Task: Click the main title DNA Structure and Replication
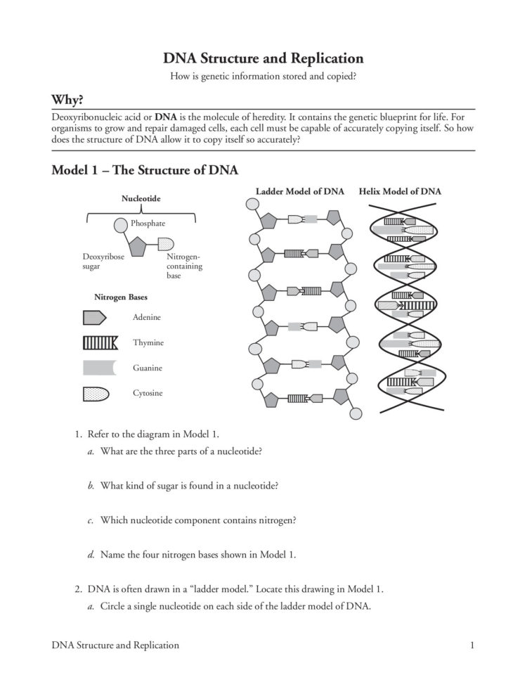(x=263, y=58)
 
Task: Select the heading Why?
(x=72, y=98)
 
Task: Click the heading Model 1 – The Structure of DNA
(x=145, y=170)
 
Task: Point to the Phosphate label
(x=148, y=223)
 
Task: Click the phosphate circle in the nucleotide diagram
(x=120, y=225)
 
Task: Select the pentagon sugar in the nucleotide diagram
(x=136, y=246)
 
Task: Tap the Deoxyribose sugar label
(x=103, y=262)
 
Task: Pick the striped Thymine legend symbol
(x=99, y=342)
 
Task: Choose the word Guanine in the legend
(x=148, y=368)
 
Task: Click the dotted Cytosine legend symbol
(x=94, y=393)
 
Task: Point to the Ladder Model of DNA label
(x=299, y=191)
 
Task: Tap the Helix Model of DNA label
(x=400, y=191)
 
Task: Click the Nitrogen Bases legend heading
(x=121, y=297)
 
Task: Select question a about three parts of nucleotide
(x=181, y=451)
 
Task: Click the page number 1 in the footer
(x=473, y=645)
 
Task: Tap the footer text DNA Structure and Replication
(x=115, y=645)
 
